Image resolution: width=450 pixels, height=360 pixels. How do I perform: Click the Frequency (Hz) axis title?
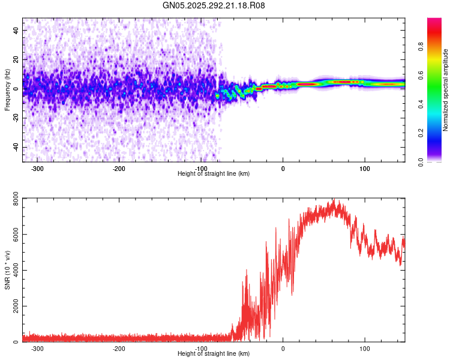(x=7, y=90)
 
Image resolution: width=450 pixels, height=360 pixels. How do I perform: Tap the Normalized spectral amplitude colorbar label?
(x=446, y=90)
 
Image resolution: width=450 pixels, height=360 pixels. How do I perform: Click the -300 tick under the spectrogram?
(x=37, y=169)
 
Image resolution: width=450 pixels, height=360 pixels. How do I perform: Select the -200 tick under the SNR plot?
(x=119, y=349)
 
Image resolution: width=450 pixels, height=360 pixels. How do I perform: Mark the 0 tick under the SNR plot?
(x=283, y=349)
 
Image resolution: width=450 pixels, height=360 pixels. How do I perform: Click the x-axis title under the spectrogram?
(x=214, y=174)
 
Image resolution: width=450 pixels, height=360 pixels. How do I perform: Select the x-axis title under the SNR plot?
(x=214, y=354)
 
